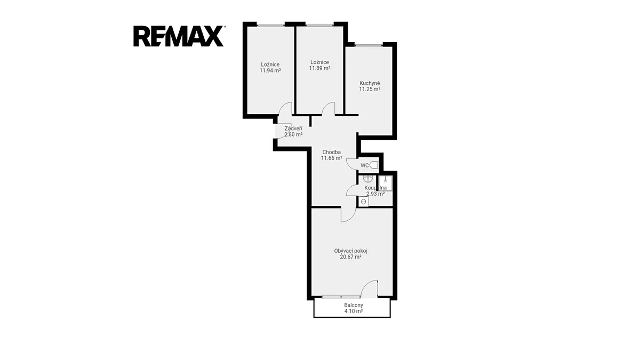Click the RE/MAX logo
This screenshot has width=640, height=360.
[x=179, y=36]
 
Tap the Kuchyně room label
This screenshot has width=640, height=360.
[x=370, y=83]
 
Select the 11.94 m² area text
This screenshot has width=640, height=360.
[x=270, y=70]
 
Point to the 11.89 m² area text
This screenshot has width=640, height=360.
[x=319, y=68]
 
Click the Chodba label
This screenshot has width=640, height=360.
[x=331, y=152]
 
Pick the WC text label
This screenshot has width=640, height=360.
[x=364, y=165]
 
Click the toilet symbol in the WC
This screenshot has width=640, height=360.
[x=374, y=165]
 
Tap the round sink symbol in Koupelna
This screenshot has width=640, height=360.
[x=367, y=179]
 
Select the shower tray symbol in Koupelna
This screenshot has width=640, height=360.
[x=386, y=183]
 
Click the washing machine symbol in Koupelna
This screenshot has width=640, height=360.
[x=364, y=202]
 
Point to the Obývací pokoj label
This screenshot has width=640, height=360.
[x=350, y=251]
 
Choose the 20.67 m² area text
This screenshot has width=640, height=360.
[x=350, y=257]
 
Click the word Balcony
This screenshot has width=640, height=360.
[x=354, y=305]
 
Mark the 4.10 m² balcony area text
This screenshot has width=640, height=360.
[x=354, y=311]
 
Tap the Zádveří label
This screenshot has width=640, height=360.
[x=293, y=129]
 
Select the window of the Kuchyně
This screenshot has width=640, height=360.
[x=369, y=45]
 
